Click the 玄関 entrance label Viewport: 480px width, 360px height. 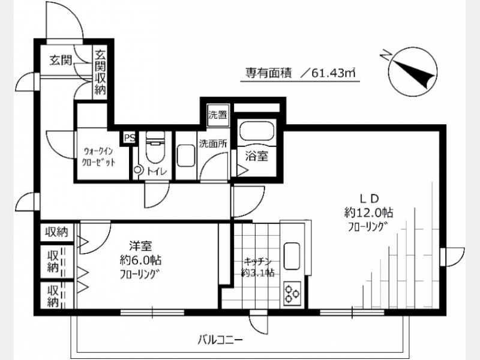[61, 61]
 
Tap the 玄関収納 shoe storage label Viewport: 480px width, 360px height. [100, 73]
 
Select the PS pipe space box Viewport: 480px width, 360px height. [130, 138]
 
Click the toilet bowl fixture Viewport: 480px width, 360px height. [155, 146]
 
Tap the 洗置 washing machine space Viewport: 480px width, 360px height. [218, 115]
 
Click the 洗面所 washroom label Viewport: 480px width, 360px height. [213, 143]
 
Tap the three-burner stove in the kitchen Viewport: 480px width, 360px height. [292, 293]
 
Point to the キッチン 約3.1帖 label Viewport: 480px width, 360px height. [258, 266]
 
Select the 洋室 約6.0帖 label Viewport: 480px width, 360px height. [140, 260]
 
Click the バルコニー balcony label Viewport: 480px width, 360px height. [220, 340]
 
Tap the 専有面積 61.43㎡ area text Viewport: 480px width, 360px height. [300, 73]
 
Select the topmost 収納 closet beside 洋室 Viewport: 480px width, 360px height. [57, 232]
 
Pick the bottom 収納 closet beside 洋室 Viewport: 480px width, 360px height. [53, 296]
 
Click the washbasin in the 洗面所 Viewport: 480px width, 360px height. [186, 155]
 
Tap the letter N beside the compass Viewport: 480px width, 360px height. [386, 55]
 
